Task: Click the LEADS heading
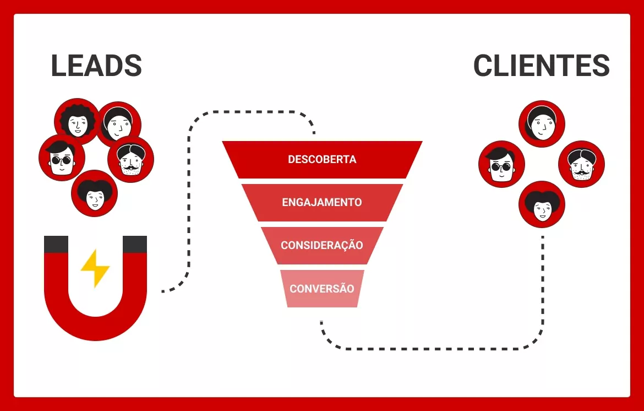pos(96,66)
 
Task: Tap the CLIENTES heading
pos(541,66)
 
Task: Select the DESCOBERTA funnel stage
pos(322,160)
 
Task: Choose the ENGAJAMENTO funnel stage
pos(322,202)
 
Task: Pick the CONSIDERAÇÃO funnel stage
pos(322,245)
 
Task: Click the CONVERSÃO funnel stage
pos(322,288)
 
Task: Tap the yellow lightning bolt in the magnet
pos(95,268)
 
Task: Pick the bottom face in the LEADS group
pos(95,193)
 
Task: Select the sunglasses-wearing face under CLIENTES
pos(501,164)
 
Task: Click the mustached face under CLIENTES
pos(581,164)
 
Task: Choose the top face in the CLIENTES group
pos(542,124)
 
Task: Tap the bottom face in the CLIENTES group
pos(542,204)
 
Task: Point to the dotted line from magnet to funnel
pos(190,209)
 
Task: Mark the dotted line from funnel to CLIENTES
pos(440,348)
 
